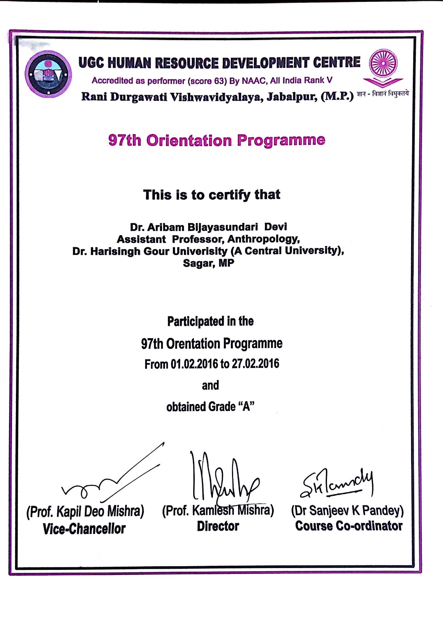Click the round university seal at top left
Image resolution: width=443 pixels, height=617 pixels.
tap(48, 74)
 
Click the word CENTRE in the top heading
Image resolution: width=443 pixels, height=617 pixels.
tap(337, 62)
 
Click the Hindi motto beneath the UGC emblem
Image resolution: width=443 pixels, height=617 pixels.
tap(382, 94)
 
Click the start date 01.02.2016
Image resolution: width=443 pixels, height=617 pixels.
tap(194, 364)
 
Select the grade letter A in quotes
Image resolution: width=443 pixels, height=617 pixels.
tap(247, 407)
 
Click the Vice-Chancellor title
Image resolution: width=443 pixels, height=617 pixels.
tap(84, 529)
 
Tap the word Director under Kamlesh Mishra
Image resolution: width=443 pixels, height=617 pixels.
tap(218, 526)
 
